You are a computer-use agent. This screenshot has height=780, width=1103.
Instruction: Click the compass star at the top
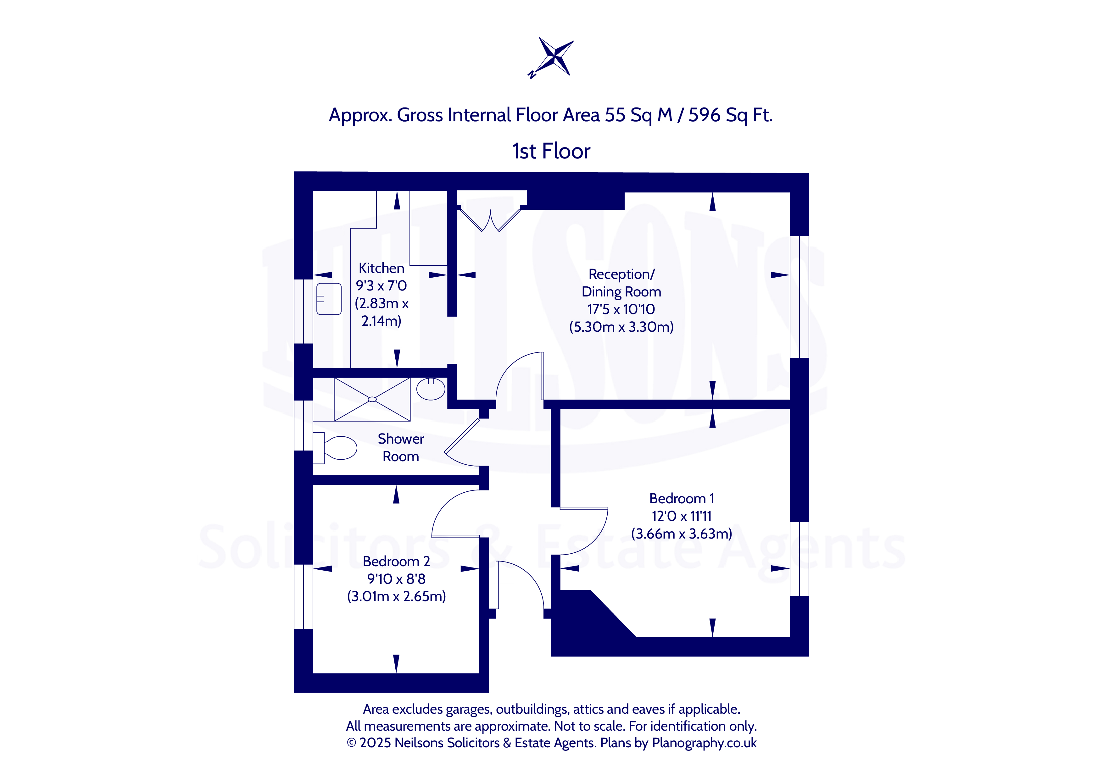click(556, 57)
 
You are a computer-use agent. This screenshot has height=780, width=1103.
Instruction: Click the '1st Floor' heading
click(551, 151)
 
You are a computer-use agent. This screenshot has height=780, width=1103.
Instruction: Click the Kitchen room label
click(382, 268)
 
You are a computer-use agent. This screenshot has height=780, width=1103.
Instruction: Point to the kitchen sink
click(329, 299)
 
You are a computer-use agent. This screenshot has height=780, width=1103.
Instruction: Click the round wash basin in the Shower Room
click(431, 389)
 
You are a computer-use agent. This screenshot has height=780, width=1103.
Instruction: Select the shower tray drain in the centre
click(372, 399)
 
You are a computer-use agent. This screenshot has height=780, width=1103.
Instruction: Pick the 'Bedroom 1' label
click(681, 499)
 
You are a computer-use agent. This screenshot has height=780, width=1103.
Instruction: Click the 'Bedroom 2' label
click(396, 561)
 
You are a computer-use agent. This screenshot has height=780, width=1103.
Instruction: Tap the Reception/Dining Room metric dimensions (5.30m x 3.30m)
click(621, 327)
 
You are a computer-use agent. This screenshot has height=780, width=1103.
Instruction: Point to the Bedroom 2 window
click(304, 596)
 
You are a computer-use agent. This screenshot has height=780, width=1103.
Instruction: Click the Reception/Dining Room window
click(799, 297)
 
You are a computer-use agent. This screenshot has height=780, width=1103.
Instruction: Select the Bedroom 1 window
click(799, 559)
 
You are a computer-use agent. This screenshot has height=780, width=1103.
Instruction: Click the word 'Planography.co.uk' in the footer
click(704, 743)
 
